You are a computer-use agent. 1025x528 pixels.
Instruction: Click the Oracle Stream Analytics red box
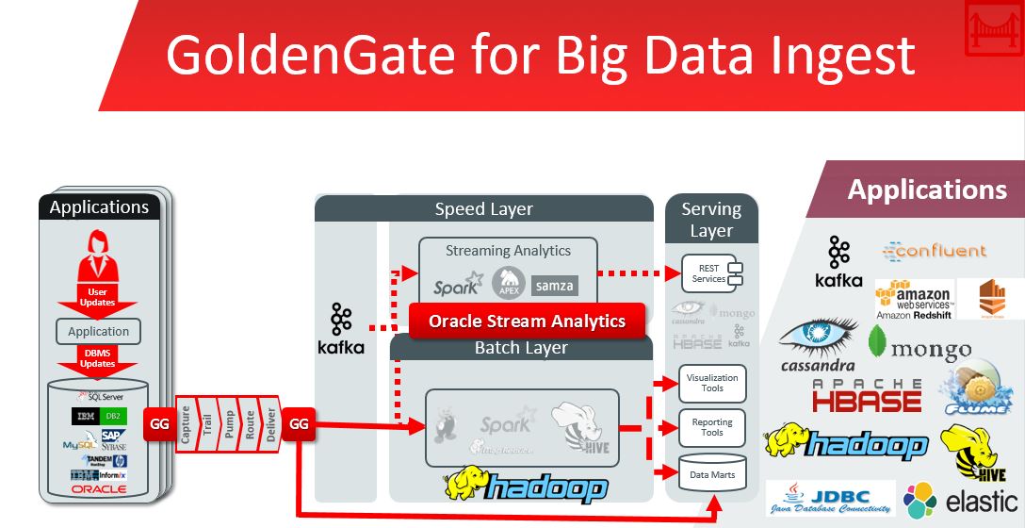[527, 321]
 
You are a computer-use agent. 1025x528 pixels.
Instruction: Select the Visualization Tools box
[712, 383]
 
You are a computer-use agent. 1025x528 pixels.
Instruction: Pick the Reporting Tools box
[712, 427]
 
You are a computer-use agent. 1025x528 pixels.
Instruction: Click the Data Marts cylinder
[712, 474]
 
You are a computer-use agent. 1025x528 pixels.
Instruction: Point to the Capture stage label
[186, 424]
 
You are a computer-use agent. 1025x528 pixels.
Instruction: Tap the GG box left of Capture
[159, 424]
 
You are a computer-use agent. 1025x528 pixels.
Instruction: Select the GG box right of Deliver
[299, 424]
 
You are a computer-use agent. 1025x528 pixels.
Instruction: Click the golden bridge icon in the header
[994, 30]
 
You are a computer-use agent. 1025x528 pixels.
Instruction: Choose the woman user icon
[98, 254]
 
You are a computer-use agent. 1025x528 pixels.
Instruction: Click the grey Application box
[98, 331]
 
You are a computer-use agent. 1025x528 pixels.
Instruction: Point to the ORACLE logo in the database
[98, 489]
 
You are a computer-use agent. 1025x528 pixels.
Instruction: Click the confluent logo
[934, 251]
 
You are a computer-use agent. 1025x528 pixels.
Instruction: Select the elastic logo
[962, 501]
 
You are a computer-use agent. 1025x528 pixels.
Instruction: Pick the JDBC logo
[830, 498]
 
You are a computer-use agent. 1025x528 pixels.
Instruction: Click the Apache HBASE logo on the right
[867, 395]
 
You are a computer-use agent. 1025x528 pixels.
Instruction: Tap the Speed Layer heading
[483, 208]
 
